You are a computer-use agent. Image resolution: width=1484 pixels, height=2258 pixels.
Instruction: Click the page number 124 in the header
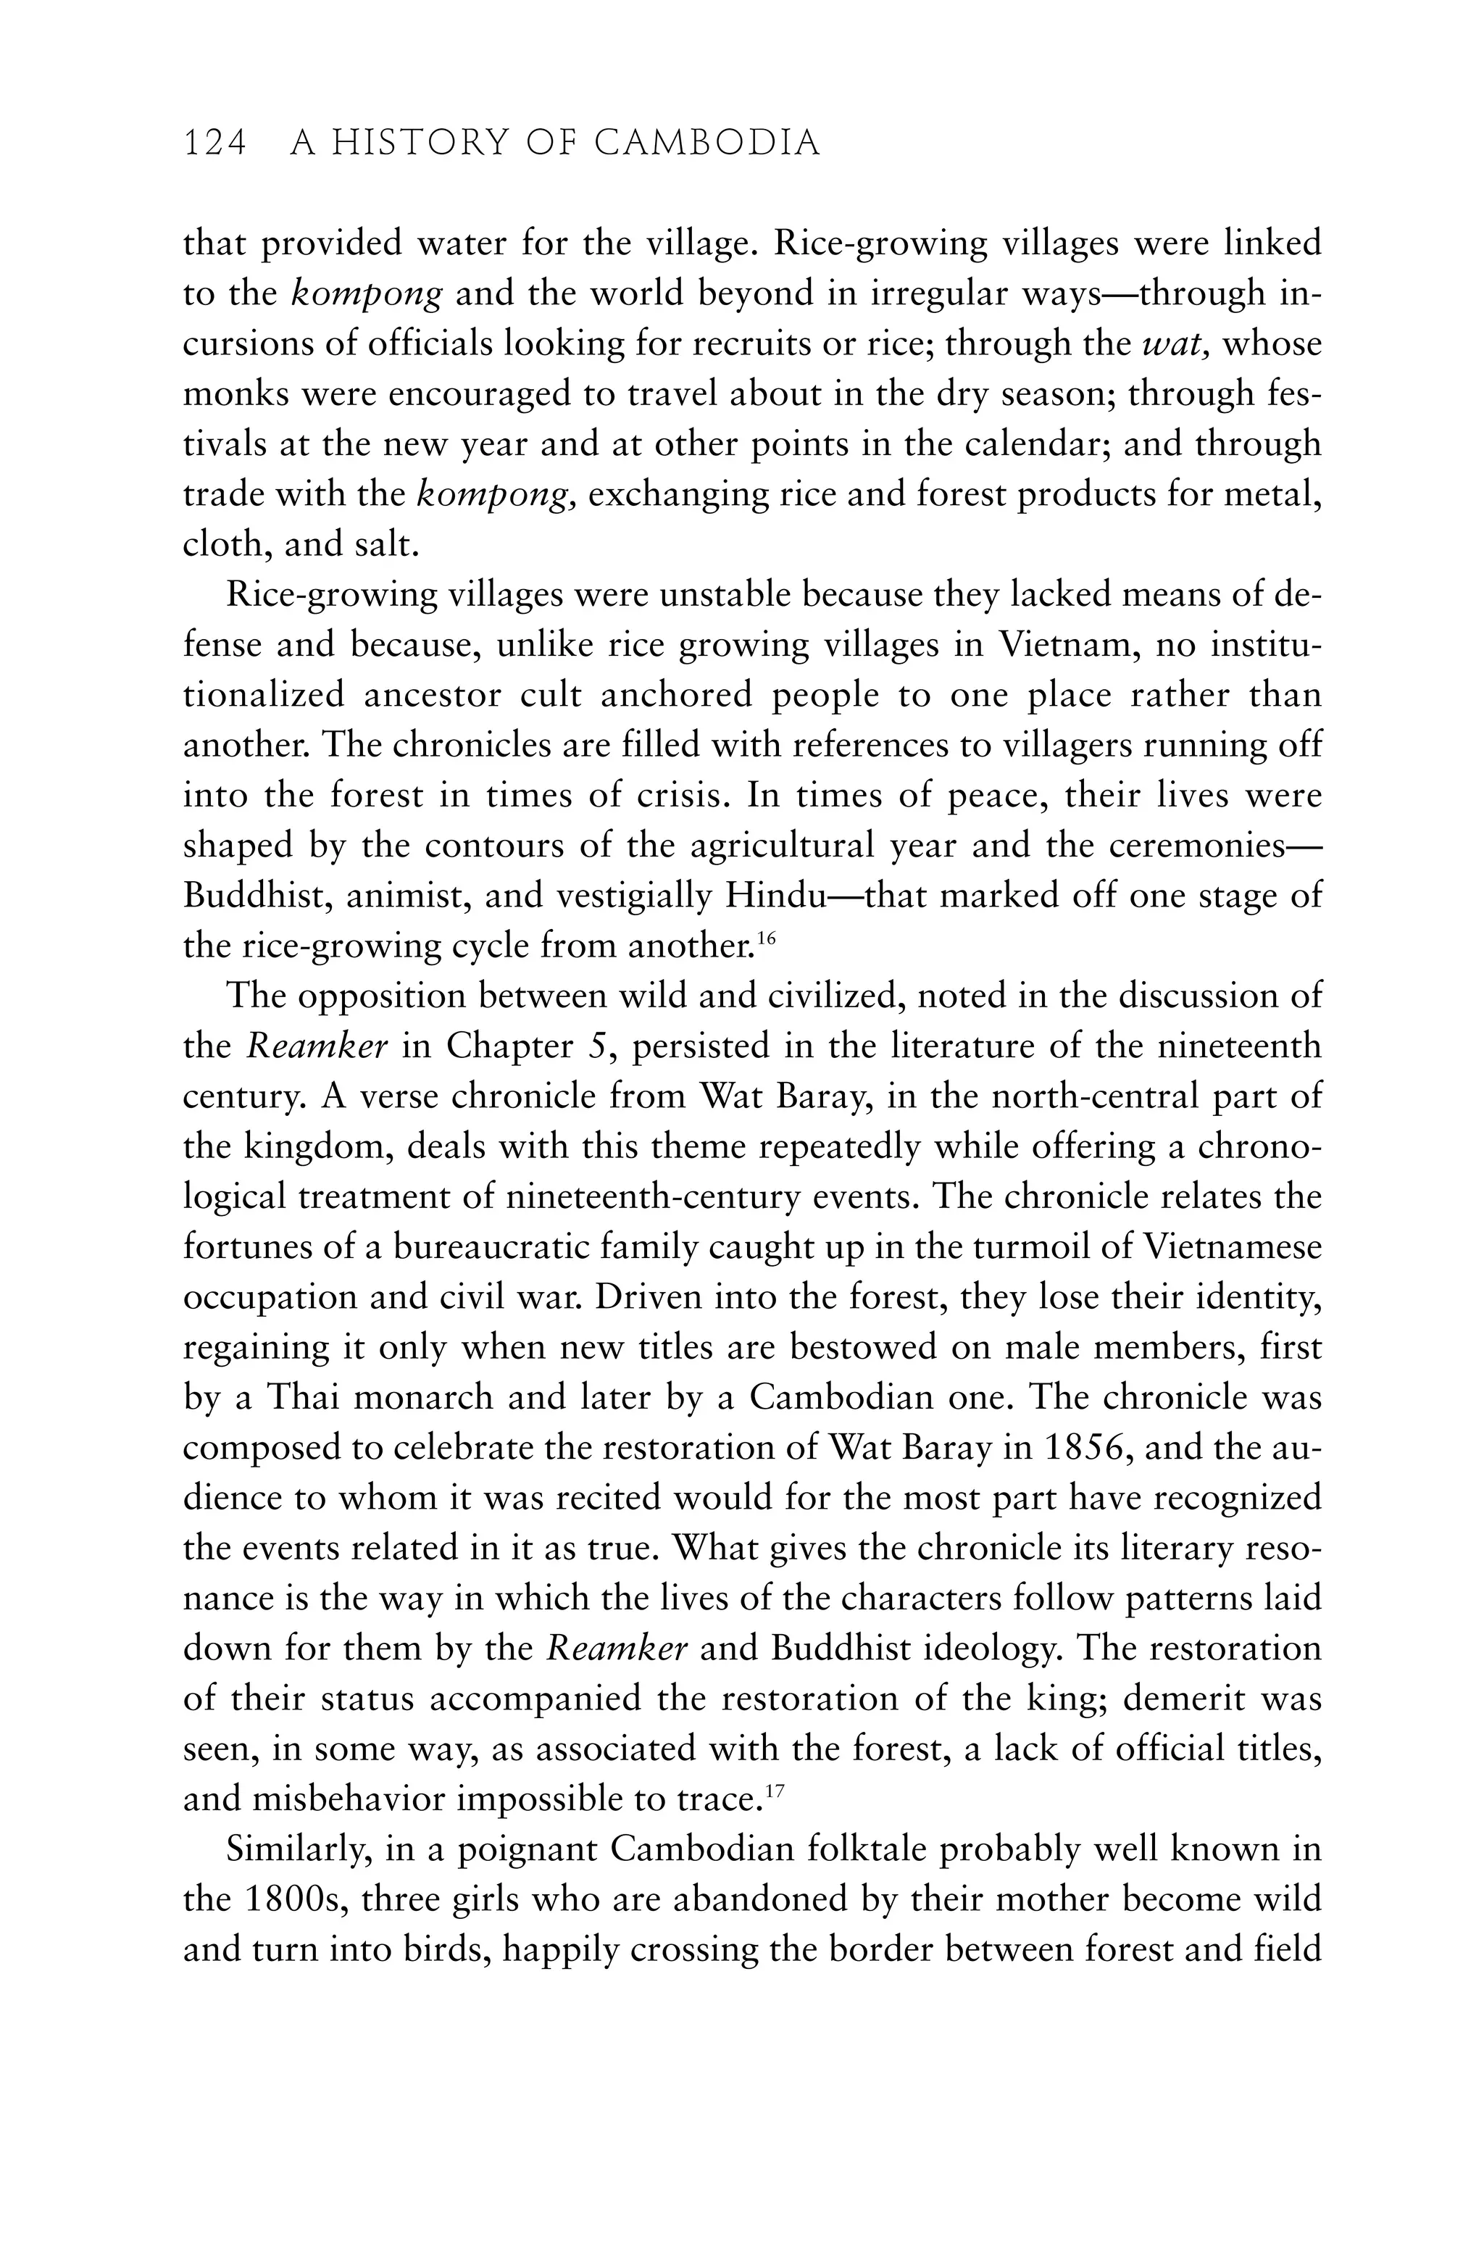point(214,143)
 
